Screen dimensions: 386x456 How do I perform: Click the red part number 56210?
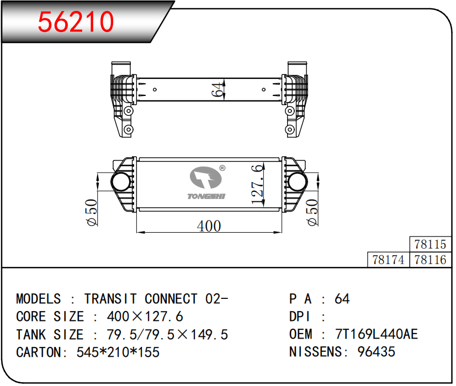(76, 22)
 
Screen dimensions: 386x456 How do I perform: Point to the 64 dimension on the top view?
(219, 89)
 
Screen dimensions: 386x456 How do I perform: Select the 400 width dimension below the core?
(209, 226)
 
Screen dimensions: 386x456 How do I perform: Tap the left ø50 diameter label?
(92, 212)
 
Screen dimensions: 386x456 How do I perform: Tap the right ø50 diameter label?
(312, 212)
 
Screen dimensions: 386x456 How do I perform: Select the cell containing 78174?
(389, 260)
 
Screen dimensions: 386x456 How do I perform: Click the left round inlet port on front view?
(121, 181)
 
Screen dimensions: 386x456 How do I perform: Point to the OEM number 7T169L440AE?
(376, 334)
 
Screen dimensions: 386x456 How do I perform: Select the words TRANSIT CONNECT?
(141, 299)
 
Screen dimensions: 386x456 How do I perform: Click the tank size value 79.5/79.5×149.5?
(161, 334)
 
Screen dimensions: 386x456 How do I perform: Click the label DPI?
(300, 317)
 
